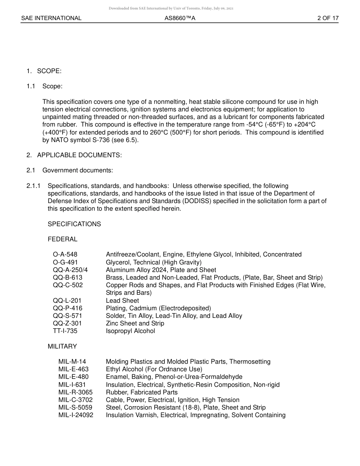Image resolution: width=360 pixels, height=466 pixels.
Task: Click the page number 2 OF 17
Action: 328,18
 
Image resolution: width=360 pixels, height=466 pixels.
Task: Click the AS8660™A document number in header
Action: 180,18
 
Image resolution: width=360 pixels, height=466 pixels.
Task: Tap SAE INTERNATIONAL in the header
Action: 51,18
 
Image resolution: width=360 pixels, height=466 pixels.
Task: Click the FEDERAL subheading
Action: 62,239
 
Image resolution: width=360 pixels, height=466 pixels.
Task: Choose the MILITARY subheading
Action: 62,346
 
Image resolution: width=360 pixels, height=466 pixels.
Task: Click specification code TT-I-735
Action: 66,331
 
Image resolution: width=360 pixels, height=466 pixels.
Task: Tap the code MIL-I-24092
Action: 76,415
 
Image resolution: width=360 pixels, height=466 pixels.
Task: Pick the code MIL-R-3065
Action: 75,392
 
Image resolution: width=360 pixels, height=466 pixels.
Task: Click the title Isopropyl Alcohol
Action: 130,331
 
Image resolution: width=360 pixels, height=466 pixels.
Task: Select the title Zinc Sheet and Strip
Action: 135,323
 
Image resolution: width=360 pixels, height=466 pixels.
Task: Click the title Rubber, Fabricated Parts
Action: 141,392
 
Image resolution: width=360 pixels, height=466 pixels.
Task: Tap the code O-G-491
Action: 65,262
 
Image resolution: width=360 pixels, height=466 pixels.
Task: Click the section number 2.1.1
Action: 33,186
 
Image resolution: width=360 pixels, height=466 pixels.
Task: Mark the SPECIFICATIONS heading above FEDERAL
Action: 74,224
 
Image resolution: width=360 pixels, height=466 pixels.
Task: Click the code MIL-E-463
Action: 73,369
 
